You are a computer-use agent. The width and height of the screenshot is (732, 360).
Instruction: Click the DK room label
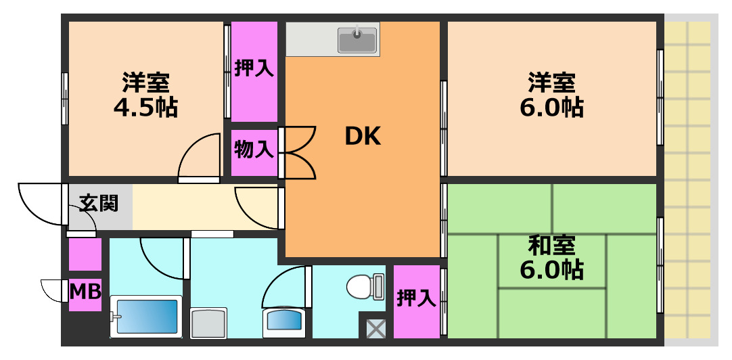click(363, 137)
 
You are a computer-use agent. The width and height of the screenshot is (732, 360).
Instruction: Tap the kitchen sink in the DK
click(357, 39)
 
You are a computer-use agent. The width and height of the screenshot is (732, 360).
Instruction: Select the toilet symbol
click(364, 287)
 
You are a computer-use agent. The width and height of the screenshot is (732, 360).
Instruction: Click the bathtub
click(146, 316)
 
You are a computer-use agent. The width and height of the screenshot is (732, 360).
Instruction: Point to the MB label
click(85, 292)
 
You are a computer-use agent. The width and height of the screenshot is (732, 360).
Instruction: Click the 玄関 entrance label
click(99, 202)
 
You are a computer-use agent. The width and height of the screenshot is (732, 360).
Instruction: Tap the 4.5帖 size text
click(145, 106)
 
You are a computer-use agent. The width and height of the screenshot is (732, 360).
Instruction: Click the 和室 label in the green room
click(551, 244)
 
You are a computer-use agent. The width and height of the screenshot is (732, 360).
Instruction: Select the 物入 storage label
click(254, 149)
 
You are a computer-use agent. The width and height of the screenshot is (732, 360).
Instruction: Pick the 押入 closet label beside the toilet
click(416, 298)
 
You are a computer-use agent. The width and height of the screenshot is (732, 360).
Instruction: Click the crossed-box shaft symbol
click(375, 329)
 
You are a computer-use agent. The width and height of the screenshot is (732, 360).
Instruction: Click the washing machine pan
click(208, 322)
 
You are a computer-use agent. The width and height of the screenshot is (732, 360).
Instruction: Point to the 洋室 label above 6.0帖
click(551, 82)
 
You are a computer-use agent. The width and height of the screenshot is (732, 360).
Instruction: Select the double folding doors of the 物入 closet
click(298, 152)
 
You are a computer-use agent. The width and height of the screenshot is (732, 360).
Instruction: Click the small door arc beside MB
click(51, 291)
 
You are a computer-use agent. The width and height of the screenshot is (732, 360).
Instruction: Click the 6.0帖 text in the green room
click(551, 270)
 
